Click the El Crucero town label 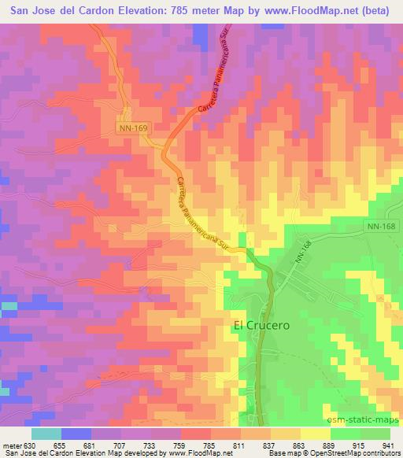(x=261, y=323)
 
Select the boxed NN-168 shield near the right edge (x=382, y=226)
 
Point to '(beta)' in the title (x=377, y=9)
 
